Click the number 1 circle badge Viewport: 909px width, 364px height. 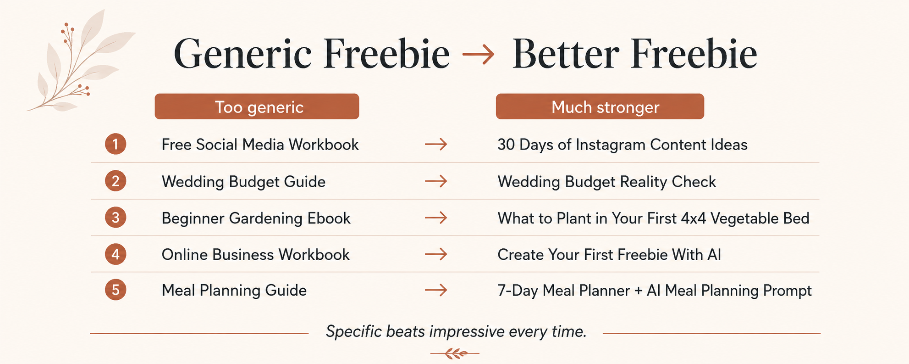(x=116, y=144)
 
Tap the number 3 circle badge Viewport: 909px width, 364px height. (x=116, y=218)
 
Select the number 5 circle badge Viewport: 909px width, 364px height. (x=116, y=290)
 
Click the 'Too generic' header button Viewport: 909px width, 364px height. (x=257, y=106)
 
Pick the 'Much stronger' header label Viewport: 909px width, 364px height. (x=600, y=106)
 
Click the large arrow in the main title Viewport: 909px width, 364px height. (x=478, y=55)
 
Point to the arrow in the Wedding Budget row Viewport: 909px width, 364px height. (x=436, y=181)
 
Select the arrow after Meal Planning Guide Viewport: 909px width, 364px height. (x=436, y=290)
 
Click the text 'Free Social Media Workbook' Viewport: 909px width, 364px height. (x=260, y=145)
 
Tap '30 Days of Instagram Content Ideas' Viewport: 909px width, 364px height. (x=622, y=145)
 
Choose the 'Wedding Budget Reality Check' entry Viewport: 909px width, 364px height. (x=606, y=182)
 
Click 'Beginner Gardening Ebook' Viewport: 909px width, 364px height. (x=256, y=218)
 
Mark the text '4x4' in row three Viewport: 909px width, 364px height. (x=694, y=218)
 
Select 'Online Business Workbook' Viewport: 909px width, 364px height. (x=255, y=254)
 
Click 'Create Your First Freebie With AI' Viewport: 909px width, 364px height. (x=609, y=254)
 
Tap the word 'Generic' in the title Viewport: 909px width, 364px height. (x=243, y=54)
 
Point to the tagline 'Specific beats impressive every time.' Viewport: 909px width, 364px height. (x=456, y=331)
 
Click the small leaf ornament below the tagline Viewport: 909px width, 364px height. (x=455, y=353)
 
